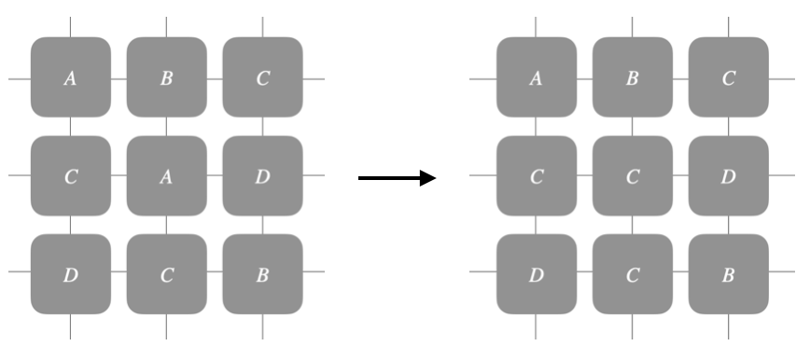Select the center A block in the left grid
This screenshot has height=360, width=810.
click(166, 176)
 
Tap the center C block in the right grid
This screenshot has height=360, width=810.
click(632, 176)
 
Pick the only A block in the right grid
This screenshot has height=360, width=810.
click(536, 78)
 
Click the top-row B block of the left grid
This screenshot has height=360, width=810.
click(166, 78)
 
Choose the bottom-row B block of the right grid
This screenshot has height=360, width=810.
click(728, 274)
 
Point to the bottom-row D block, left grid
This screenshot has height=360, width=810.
click(70, 274)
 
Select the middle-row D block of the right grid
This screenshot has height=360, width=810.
click(728, 176)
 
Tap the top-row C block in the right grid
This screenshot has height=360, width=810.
click(728, 78)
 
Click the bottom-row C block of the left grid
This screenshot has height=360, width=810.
click(166, 274)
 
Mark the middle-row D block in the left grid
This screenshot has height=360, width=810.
click(262, 176)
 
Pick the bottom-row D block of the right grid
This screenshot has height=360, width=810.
click(536, 274)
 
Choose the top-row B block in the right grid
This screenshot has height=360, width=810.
click(632, 78)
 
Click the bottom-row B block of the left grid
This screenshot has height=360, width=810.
click(262, 274)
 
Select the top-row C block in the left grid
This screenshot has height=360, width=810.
click(262, 78)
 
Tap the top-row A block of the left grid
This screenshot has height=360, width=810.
click(70, 78)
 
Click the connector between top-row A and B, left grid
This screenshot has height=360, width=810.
click(119, 78)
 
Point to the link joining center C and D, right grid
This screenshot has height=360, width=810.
click(680, 176)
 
